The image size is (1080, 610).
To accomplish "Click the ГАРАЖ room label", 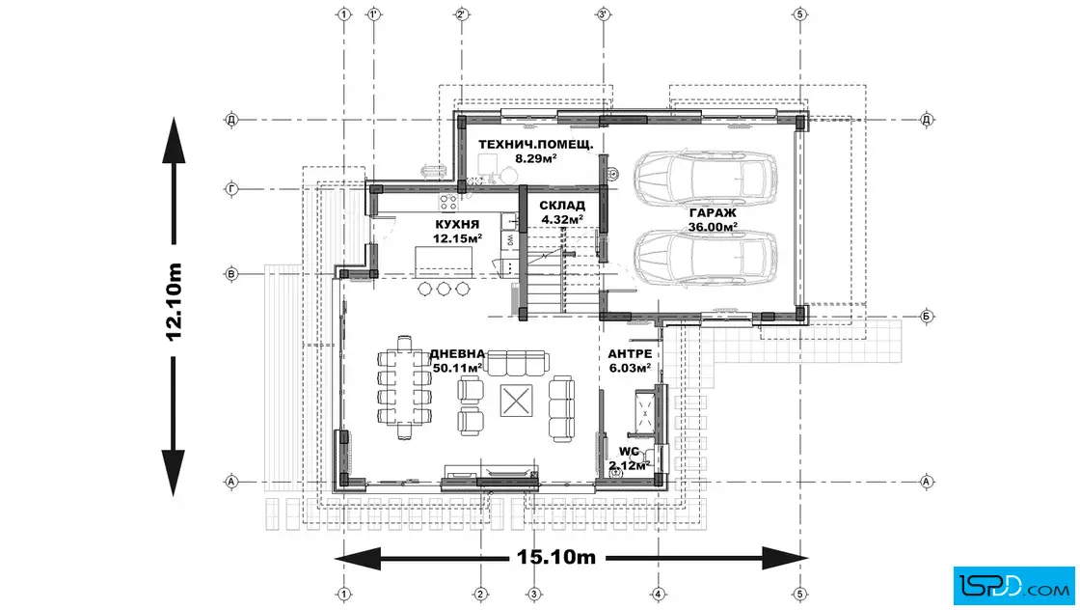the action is (713, 213).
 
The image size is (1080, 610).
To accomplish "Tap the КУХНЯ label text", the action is (457, 225).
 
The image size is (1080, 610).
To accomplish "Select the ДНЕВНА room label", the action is (457, 353).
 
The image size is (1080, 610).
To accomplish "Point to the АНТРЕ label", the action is (630, 353).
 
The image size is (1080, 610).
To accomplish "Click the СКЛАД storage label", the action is (562, 206).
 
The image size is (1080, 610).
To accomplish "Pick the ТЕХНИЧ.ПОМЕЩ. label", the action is (536, 145).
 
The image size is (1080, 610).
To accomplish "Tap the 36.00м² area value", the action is (713, 227).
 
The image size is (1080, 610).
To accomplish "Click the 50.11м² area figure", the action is (457, 368).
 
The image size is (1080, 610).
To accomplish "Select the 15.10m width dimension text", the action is (556, 557).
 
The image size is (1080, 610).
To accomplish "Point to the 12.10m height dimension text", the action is (174, 302).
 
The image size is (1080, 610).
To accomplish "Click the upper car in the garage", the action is (706, 178).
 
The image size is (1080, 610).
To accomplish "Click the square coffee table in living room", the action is (516, 401).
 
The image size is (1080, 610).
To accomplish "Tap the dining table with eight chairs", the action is (404, 387).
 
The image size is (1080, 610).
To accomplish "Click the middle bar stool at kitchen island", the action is (444, 289).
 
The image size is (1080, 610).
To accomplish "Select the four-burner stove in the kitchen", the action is (448, 202).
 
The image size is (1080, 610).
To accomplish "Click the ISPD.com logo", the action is (1013, 586).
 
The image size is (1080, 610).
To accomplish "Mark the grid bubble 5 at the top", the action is (799, 14).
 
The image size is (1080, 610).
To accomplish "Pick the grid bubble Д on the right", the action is (927, 120).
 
